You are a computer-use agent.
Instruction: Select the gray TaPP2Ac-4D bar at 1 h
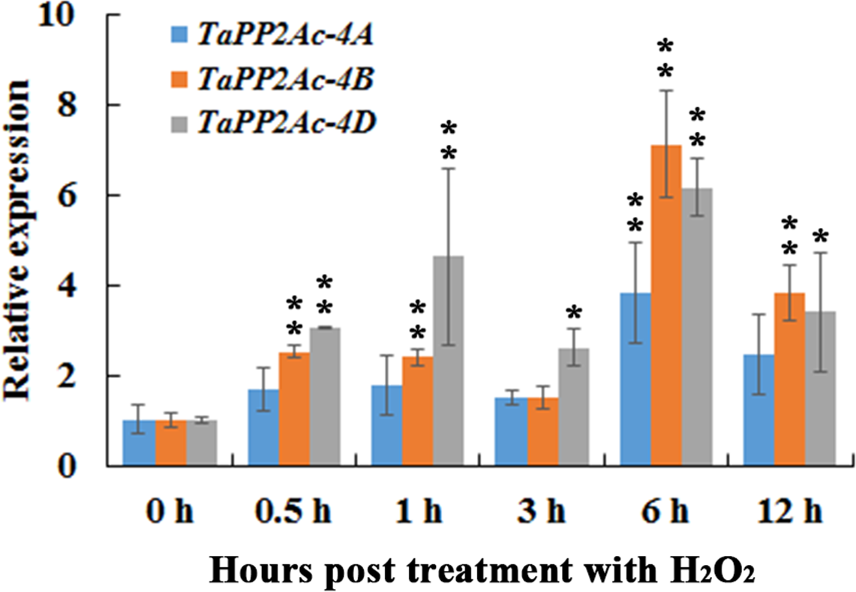pos(449,361)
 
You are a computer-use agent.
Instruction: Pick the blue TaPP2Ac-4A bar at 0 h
pos(139,443)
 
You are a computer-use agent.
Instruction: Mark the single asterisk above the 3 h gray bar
pos(574,312)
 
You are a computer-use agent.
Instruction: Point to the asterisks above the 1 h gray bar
pos(449,140)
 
